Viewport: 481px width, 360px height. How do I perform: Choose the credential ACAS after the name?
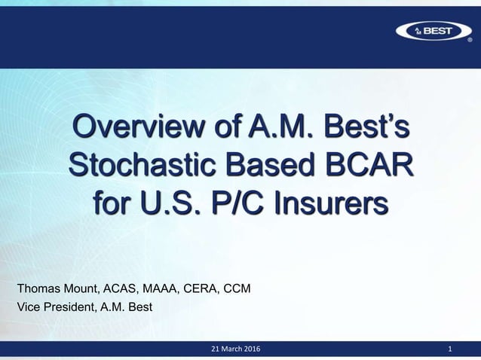126,288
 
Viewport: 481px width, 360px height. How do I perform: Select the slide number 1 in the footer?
450,350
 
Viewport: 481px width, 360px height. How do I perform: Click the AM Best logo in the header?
431,30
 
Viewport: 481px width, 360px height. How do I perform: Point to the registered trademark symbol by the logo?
470,41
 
